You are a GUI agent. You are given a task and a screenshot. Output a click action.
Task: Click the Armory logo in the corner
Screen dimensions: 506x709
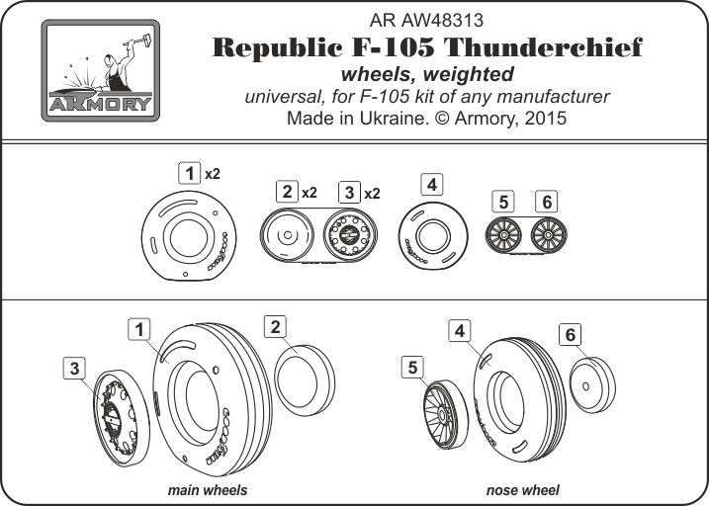point(98,69)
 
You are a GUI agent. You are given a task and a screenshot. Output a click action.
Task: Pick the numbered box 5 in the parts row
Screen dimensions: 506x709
point(503,203)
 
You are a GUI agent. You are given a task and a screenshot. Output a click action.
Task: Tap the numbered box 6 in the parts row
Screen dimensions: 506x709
point(544,203)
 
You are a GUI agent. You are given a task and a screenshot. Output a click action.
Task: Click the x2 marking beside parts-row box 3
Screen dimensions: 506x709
point(372,192)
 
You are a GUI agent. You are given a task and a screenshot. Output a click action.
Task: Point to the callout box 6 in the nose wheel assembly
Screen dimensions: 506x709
point(570,335)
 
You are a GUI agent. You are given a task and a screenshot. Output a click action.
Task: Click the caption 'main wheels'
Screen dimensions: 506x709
point(208,490)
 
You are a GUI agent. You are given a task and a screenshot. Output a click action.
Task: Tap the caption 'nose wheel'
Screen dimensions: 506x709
point(522,490)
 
